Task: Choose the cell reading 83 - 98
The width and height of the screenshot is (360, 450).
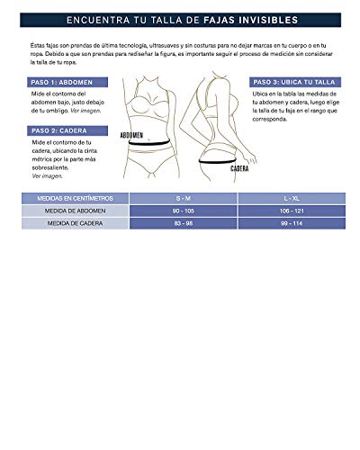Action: tap(183, 222)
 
